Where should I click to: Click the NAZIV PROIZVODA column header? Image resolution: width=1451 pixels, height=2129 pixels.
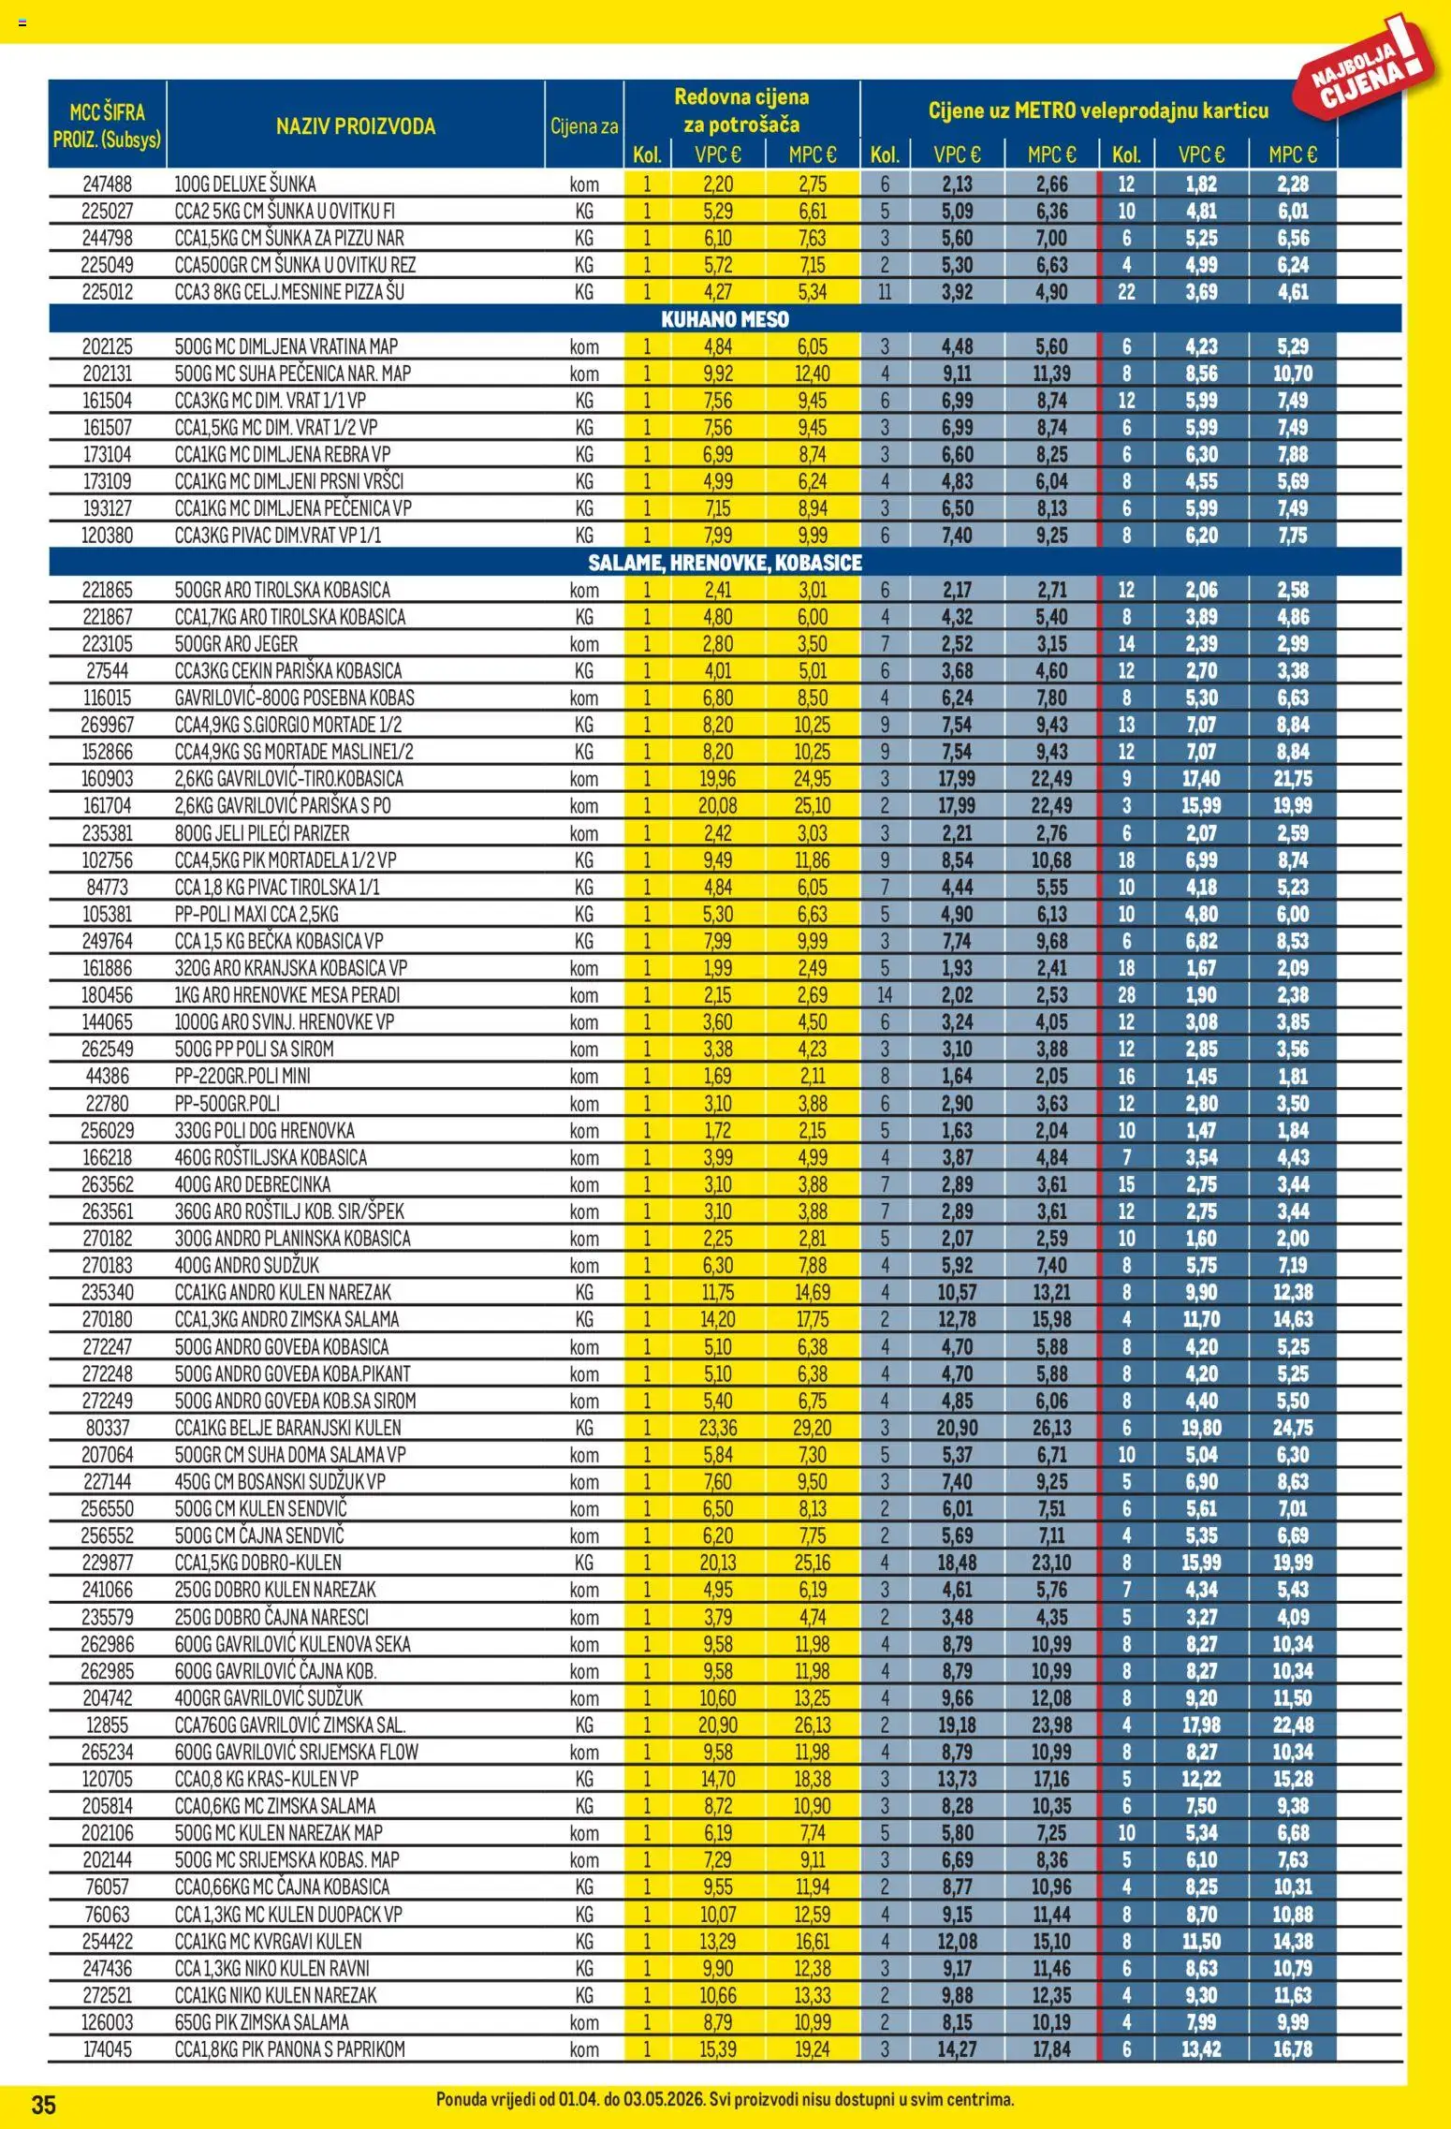[355, 126]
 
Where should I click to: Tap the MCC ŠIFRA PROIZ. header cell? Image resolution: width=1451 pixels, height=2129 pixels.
[107, 125]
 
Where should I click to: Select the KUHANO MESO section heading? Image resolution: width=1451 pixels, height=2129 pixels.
[725, 319]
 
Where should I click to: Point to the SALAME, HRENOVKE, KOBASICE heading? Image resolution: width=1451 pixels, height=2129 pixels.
[725, 563]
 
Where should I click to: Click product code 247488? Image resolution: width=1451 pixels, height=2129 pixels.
[107, 184]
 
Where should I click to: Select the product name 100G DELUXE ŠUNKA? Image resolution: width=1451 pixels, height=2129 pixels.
[245, 184]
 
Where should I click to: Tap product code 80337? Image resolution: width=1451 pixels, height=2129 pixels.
[107, 1428]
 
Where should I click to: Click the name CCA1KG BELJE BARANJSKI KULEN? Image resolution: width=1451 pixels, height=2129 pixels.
[287, 1428]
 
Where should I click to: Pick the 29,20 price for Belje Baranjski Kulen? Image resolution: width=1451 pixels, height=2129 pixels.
[812, 1428]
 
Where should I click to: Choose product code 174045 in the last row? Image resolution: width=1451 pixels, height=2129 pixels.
[107, 2049]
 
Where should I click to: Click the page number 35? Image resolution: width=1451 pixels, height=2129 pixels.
[44, 2105]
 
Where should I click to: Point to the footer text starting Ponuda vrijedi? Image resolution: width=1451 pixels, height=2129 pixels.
[725, 2100]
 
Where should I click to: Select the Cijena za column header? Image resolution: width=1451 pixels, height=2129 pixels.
[584, 126]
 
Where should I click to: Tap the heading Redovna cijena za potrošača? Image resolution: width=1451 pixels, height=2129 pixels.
[741, 110]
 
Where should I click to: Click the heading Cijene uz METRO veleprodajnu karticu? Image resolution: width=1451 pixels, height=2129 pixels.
[1098, 110]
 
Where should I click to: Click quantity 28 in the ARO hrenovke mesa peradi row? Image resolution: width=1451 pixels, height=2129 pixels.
[1125, 995]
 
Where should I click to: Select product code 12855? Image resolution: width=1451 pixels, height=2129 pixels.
[107, 1725]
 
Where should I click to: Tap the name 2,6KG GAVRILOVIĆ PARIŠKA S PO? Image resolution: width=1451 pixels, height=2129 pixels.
[283, 806]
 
